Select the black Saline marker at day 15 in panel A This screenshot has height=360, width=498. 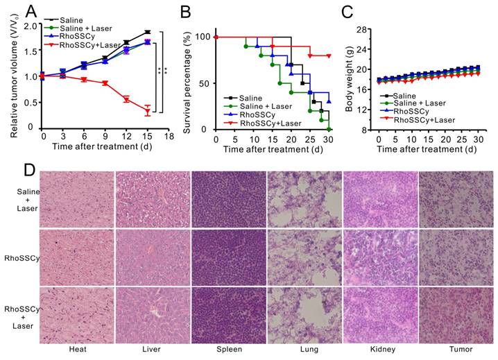coord(148,32)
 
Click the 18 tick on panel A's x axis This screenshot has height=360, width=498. coord(169,136)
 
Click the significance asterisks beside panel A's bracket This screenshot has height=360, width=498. coord(164,71)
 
